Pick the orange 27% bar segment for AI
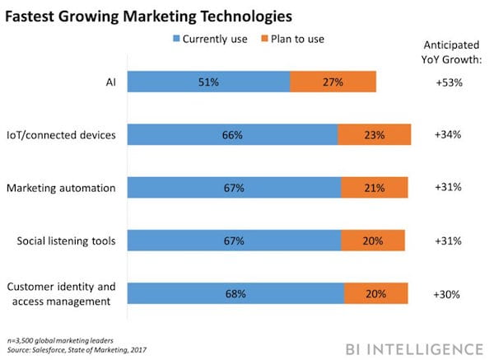333,82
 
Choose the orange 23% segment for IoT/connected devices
375,135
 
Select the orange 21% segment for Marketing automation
375,188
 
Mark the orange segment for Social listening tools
373,240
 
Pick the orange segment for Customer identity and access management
376,293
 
